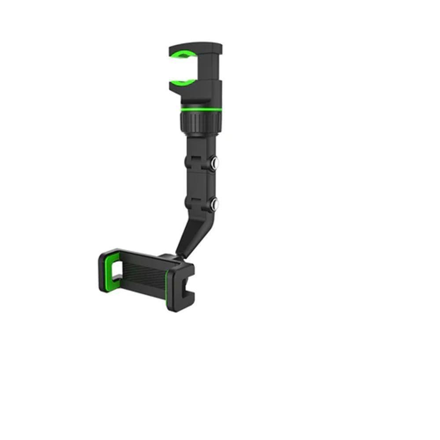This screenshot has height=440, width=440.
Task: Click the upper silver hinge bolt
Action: (215, 164)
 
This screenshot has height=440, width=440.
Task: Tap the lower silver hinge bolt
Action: (215, 204)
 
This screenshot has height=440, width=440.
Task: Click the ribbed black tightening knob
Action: (201, 121)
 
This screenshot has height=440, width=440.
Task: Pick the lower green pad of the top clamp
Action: (182, 82)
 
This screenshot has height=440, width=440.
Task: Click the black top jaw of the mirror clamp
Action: (194, 48)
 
